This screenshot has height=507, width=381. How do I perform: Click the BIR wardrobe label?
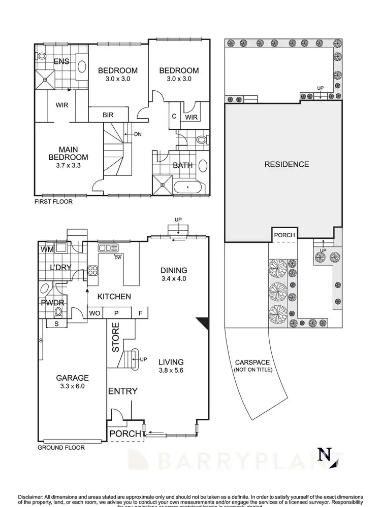click(x=108, y=115)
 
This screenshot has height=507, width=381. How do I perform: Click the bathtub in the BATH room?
click(x=190, y=188)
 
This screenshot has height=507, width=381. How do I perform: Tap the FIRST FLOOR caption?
click(x=53, y=201)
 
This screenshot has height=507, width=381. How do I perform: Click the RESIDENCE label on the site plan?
click(x=287, y=164)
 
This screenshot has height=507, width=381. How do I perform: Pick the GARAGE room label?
click(x=72, y=378)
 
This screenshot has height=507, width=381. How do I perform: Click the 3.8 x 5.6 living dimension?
click(x=170, y=370)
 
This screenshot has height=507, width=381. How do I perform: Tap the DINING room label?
click(x=174, y=270)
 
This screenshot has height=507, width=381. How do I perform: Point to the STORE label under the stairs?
click(x=115, y=337)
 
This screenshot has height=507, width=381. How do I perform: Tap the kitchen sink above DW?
click(x=109, y=248)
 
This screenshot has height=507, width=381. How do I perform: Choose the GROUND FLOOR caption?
click(x=61, y=448)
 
